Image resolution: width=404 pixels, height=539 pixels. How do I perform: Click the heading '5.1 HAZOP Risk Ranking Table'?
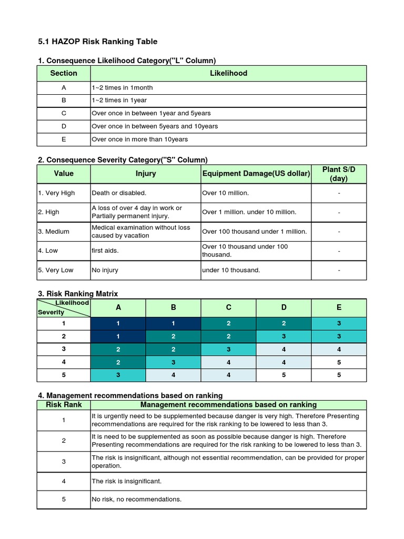[x=98, y=42]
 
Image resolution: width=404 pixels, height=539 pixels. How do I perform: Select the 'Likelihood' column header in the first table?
[x=228, y=73]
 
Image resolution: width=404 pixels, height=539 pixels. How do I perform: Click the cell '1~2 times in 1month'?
[x=122, y=87]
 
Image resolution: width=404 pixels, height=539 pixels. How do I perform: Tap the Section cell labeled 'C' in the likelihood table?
[x=64, y=113]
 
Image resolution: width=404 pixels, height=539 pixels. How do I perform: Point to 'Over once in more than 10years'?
[x=139, y=139]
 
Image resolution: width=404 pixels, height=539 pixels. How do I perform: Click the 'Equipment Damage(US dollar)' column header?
[x=256, y=174]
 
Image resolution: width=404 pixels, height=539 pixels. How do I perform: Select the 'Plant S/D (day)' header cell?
[x=339, y=174]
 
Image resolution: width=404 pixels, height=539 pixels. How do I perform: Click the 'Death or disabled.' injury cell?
[x=119, y=193]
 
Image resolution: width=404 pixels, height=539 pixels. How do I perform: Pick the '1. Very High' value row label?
[x=56, y=193]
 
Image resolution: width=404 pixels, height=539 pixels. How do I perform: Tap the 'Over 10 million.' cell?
[x=225, y=193]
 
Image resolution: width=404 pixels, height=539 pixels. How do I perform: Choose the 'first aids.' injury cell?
[x=105, y=251]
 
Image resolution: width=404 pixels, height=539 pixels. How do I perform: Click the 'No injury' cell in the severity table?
[x=105, y=270]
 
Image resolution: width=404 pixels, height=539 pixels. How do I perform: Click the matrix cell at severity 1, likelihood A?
[x=118, y=324]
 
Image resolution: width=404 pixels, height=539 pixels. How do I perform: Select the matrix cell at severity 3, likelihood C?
[x=228, y=350]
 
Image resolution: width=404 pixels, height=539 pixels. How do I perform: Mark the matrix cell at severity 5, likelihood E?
[x=339, y=375]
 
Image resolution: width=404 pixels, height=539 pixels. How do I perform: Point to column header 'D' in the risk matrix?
[x=284, y=307]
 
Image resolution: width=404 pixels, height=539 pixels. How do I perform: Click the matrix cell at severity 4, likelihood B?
[x=173, y=362]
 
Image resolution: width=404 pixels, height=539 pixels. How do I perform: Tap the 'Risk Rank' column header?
[x=64, y=405]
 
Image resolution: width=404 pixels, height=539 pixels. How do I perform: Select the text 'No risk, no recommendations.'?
[x=137, y=499]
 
